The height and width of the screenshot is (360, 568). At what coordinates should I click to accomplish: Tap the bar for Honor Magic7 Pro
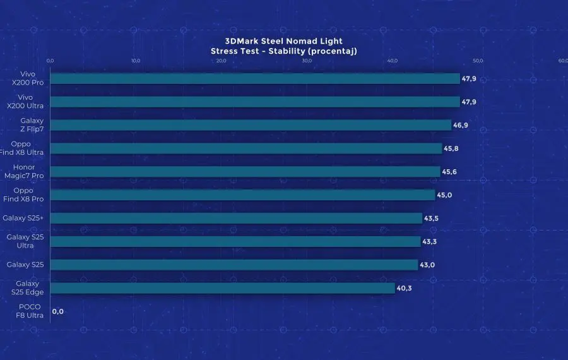245,172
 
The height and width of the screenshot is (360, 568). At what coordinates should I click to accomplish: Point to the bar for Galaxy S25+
236,219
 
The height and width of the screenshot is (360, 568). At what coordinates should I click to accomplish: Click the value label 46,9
461,125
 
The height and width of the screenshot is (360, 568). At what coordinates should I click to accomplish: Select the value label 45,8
451,148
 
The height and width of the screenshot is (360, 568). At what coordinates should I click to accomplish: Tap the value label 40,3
405,289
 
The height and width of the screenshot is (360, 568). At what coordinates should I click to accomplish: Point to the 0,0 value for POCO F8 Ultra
58,311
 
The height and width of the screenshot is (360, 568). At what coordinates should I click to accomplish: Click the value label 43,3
430,242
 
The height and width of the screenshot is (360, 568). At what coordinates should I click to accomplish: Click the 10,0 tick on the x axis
136,61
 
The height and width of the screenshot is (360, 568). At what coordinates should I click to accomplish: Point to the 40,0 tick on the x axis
392,61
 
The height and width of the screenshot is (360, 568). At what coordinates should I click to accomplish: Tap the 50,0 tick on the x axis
478,61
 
